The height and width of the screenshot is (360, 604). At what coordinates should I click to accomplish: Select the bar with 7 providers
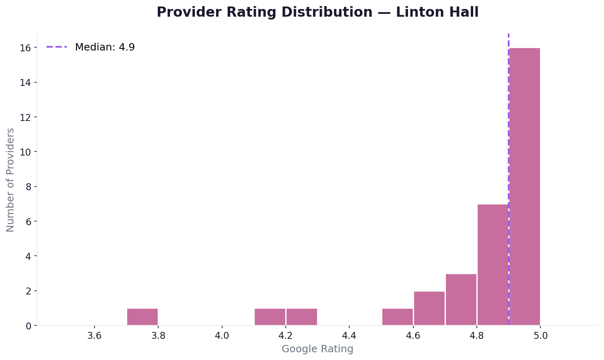pyautogui.click(x=493, y=265)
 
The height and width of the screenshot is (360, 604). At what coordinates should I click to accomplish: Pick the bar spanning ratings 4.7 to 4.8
pyautogui.click(x=461, y=300)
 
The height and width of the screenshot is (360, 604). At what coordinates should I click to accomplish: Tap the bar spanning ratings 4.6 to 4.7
pyautogui.click(x=429, y=308)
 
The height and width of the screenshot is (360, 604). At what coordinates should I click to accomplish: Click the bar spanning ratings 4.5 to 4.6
pyautogui.click(x=397, y=317)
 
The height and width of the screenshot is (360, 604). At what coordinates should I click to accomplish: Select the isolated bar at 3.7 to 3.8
pyautogui.click(x=142, y=317)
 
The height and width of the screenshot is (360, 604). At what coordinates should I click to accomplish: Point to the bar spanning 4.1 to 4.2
pyautogui.click(x=270, y=317)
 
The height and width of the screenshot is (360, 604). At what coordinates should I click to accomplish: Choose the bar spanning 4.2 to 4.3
pyautogui.click(x=302, y=317)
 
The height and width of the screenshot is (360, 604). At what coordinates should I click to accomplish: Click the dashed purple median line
pyautogui.click(x=509, y=122)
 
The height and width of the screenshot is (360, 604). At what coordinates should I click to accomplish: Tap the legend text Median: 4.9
pyautogui.click(x=105, y=47)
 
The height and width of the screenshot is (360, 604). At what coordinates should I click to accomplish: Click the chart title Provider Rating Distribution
pyautogui.click(x=317, y=12)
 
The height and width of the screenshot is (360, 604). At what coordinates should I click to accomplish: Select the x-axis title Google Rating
pyautogui.click(x=317, y=349)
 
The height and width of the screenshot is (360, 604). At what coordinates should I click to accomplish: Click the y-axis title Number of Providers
pyautogui.click(x=11, y=180)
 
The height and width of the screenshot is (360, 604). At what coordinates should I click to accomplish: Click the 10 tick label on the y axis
pyautogui.click(x=26, y=152)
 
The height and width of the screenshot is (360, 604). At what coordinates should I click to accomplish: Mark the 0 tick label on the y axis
pyautogui.click(x=28, y=326)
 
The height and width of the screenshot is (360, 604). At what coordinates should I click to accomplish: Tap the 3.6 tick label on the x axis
pyautogui.click(x=95, y=336)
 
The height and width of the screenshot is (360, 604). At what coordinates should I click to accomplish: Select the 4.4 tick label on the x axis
pyautogui.click(x=349, y=336)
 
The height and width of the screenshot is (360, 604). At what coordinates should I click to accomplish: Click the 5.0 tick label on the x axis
pyautogui.click(x=540, y=336)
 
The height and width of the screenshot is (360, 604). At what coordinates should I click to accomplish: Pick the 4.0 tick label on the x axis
pyautogui.click(x=222, y=336)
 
